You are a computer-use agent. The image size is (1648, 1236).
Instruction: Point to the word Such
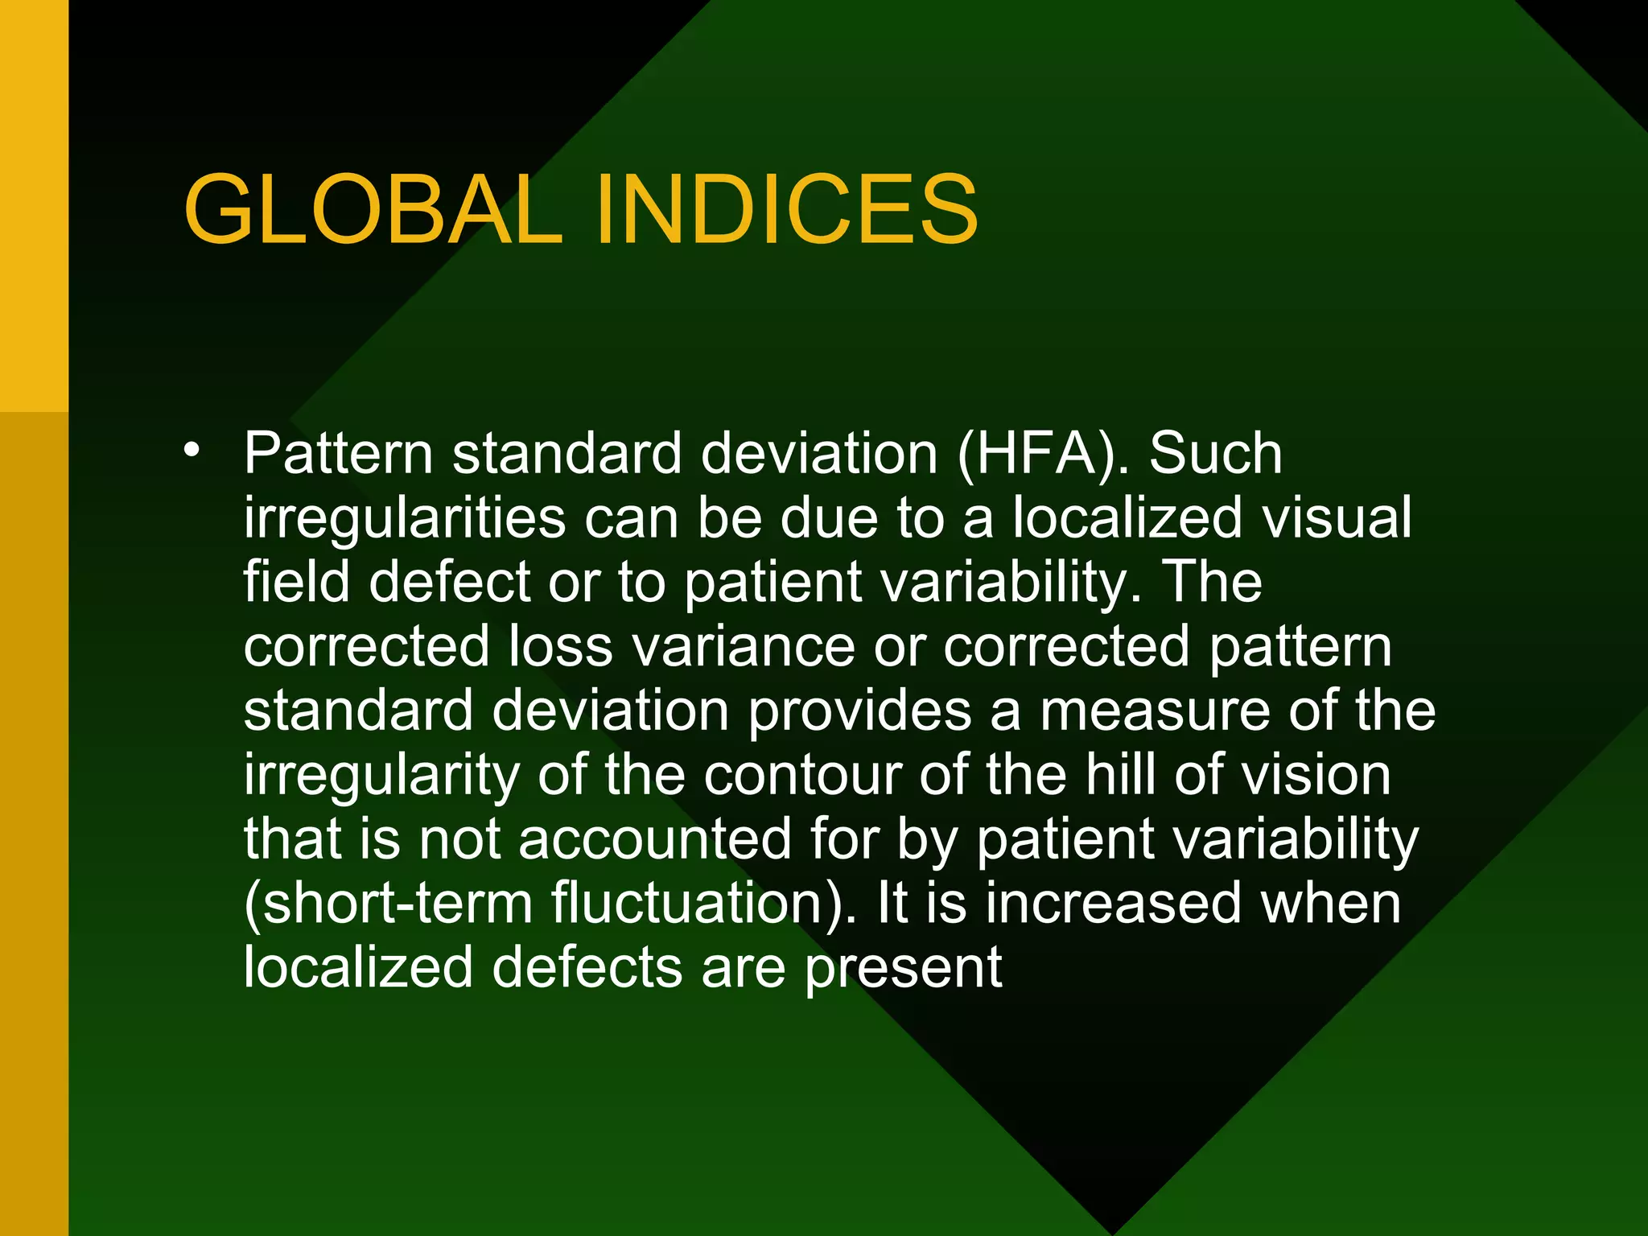pos(1215,455)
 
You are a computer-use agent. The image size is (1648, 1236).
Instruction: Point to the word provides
pos(859,712)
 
